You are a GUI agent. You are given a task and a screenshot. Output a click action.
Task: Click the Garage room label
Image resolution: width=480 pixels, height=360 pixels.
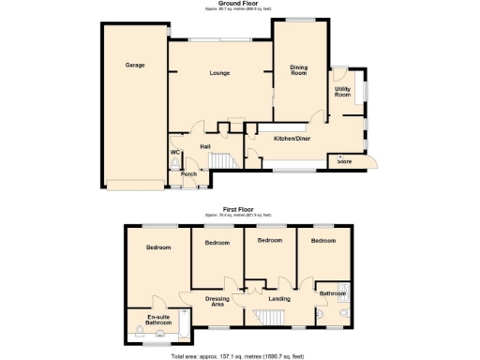(135, 66)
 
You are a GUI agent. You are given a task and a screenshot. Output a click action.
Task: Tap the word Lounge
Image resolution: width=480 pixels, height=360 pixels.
(219, 73)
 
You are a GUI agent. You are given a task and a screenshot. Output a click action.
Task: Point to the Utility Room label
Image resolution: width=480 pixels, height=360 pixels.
(343, 92)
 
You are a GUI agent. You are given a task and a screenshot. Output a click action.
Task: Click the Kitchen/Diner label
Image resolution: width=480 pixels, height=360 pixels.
(292, 138)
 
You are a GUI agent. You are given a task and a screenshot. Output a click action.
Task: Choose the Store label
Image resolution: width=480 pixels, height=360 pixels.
(344, 161)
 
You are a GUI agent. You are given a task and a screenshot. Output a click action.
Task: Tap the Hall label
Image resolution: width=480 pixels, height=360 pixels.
(204, 146)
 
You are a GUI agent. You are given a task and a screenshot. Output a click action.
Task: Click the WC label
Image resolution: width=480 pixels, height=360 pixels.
(174, 152)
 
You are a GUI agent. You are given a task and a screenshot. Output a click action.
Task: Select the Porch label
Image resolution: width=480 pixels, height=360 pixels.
(188, 173)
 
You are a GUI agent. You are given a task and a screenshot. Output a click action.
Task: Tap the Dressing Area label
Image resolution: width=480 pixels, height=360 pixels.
(217, 302)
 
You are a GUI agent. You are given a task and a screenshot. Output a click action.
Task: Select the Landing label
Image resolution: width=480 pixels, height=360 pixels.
(278, 299)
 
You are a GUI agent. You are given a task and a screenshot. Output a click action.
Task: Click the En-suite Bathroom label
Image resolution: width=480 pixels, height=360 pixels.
(158, 321)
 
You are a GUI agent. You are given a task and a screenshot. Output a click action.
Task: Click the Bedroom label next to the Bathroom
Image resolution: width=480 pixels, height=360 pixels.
(322, 240)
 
